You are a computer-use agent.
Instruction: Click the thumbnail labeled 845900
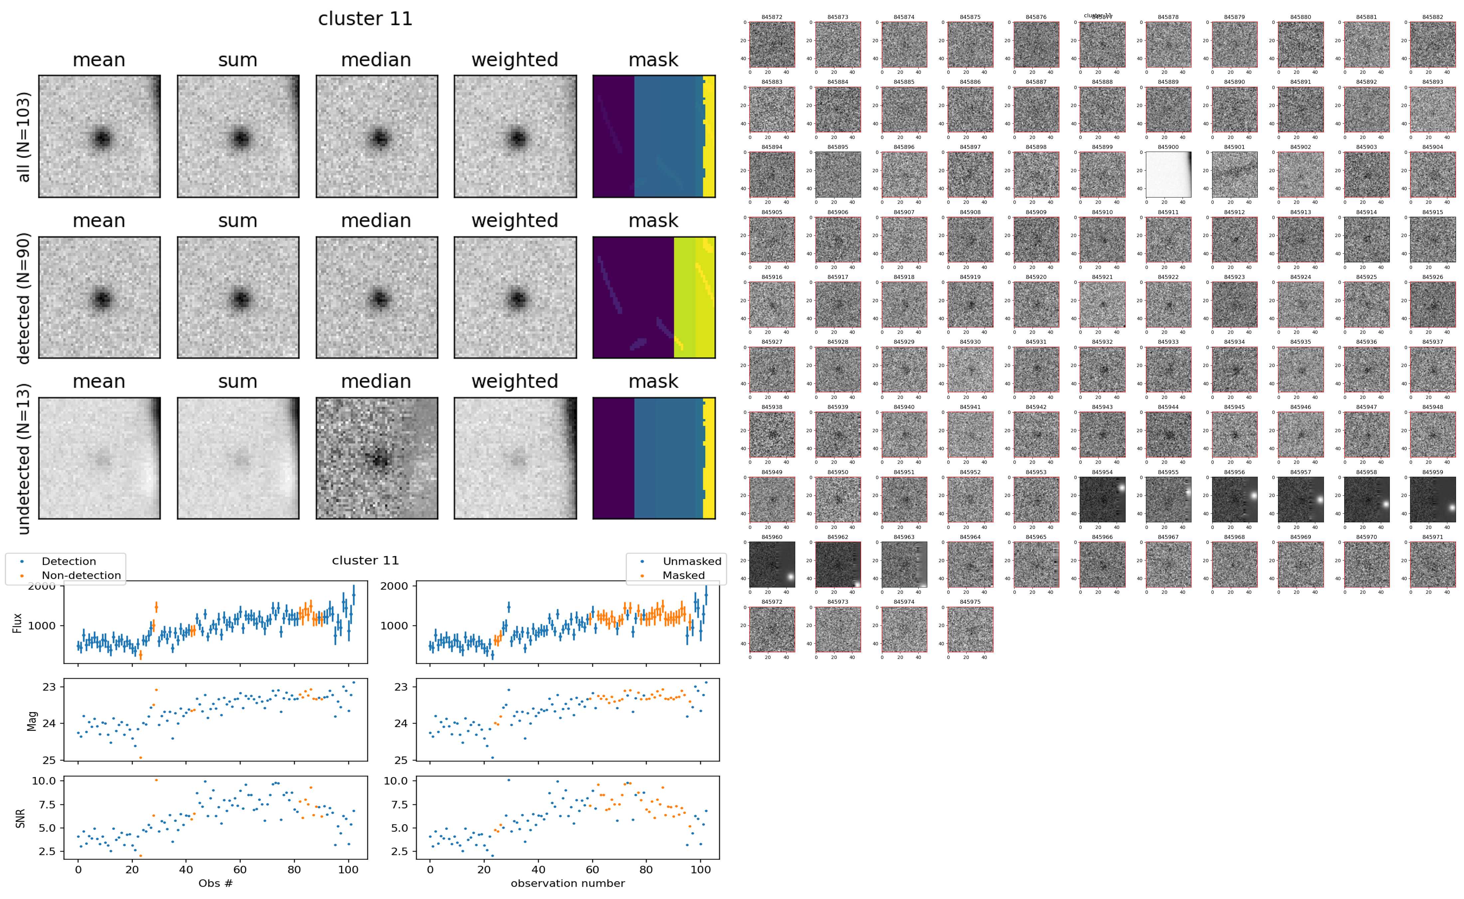tap(1168, 174)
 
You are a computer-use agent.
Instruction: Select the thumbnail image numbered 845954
tap(1102, 499)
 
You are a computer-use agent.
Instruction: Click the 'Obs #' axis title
tap(215, 883)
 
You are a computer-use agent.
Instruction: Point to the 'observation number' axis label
tap(568, 883)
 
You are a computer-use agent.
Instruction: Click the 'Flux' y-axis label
tap(18, 622)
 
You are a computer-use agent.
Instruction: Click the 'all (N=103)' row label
tap(24, 137)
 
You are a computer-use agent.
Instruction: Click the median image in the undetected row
tap(377, 458)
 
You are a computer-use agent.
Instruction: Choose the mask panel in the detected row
tap(654, 297)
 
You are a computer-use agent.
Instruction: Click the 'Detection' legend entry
tap(69, 561)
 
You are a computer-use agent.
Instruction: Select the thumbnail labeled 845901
tap(1234, 174)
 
